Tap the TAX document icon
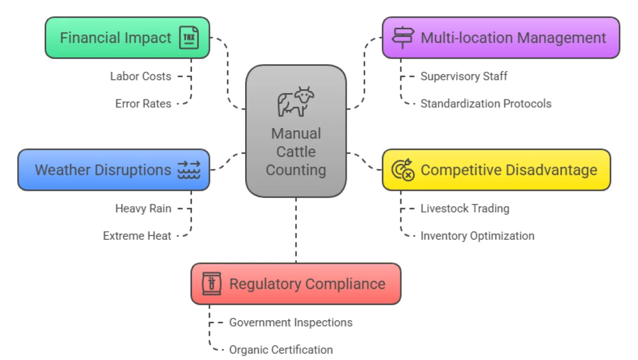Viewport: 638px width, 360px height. (x=189, y=38)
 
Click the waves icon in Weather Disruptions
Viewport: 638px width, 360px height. (x=189, y=170)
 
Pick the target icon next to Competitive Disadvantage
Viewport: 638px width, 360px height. (x=402, y=170)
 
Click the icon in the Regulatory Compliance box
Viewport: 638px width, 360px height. (x=211, y=284)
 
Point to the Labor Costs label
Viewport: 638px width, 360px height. (x=141, y=76)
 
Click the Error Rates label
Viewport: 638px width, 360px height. (x=144, y=104)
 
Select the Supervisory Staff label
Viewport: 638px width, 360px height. (x=464, y=76)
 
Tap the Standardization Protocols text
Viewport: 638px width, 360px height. (x=485, y=104)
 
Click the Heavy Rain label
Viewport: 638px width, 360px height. (x=144, y=208)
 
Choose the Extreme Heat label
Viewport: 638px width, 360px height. (x=137, y=236)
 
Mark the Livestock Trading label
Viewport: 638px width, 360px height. (x=465, y=208)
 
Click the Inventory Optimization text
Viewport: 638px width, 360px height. (x=477, y=236)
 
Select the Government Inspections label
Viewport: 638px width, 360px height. (x=290, y=322)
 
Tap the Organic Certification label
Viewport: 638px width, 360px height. (x=281, y=350)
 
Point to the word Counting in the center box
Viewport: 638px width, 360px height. (x=296, y=170)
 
